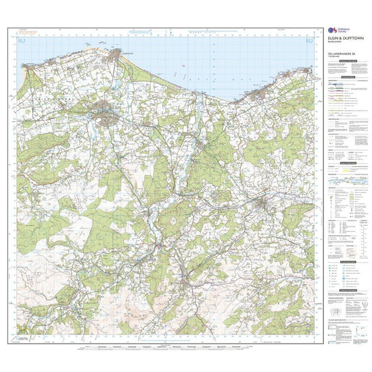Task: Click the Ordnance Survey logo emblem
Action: coord(331,31)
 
